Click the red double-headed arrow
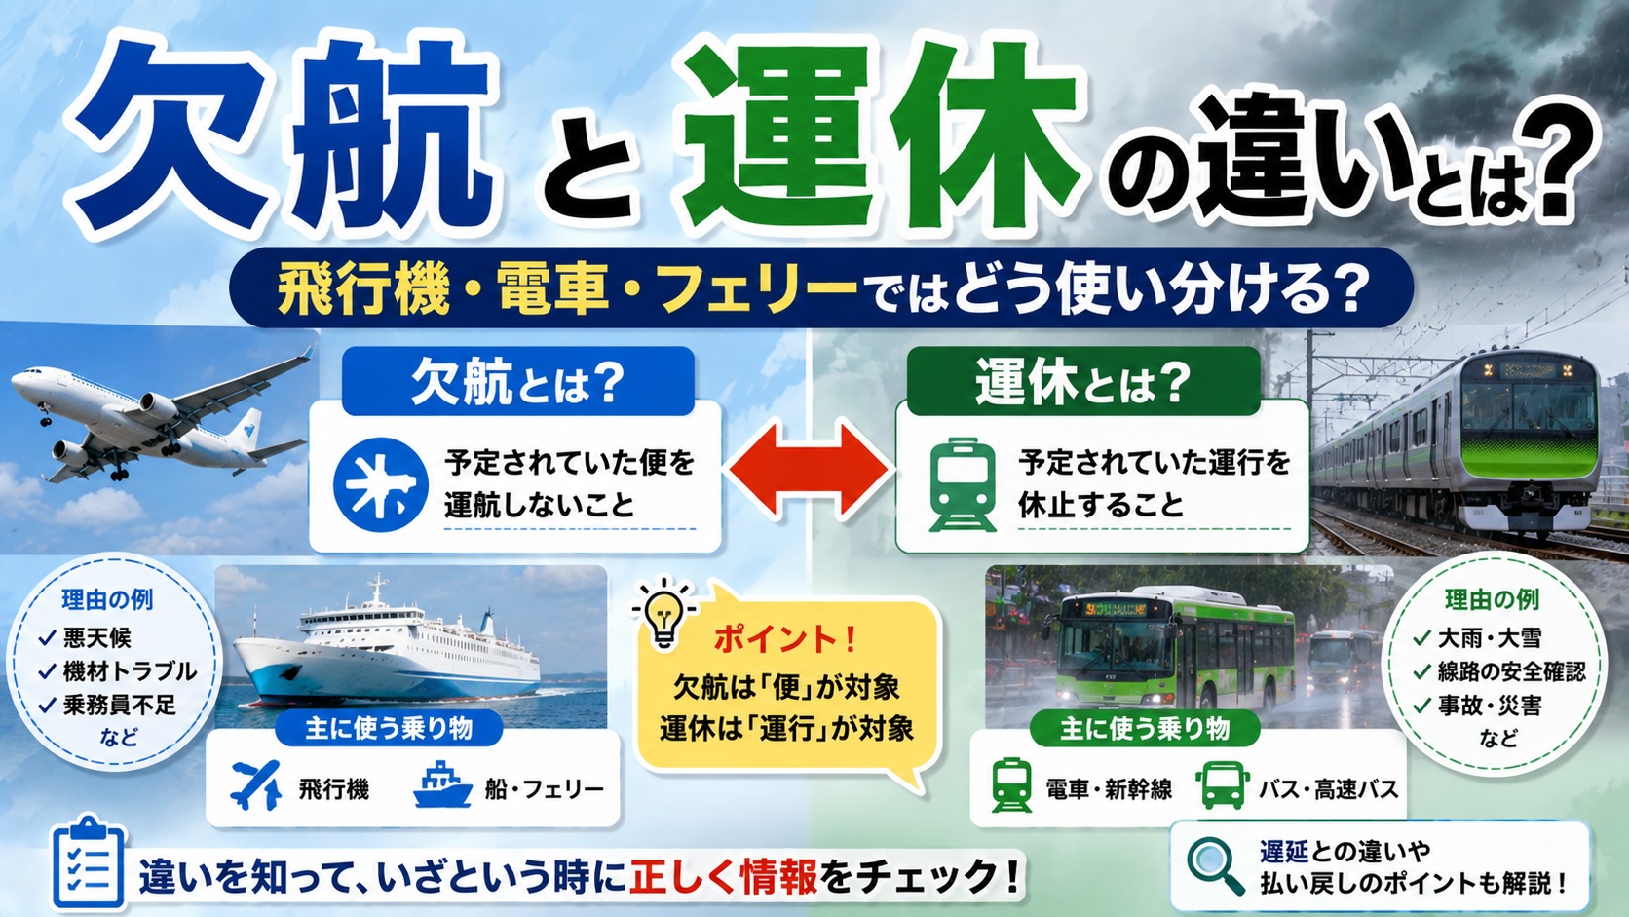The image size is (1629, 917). [808, 469]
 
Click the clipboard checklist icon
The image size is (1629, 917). [88, 862]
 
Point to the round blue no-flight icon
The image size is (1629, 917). [380, 484]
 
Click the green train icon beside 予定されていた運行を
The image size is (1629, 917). [963, 484]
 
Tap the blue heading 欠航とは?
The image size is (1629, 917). [517, 383]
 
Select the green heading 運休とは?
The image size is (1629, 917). [1082, 383]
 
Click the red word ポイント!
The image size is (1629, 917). [784, 639]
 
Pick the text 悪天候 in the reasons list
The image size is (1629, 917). [97, 637]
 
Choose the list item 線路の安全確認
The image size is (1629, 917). [1511, 671]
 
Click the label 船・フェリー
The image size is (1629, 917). [544, 789]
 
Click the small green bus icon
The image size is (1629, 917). [1223, 785]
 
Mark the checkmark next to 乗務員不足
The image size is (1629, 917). [48, 705]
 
